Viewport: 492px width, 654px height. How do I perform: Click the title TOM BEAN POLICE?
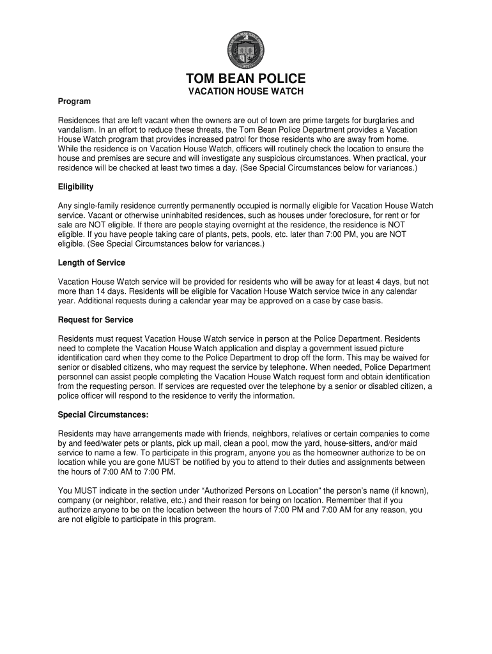pos(246,79)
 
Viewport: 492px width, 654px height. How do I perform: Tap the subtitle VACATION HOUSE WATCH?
pos(245,92)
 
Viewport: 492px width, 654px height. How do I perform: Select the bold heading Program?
pos(74,102)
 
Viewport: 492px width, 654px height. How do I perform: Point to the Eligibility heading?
pos(76,187)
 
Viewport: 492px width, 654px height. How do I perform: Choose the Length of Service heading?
pos(91,263)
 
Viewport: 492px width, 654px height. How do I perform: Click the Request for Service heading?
pos(95,320)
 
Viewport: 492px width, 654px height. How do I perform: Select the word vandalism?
pos(78,130)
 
